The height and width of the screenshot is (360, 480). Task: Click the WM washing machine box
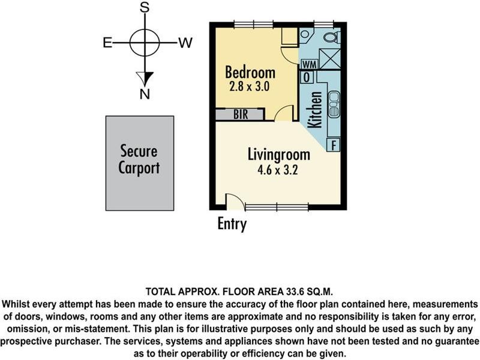[x=309, y=64]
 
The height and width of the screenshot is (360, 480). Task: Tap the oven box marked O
[x=307, y=77]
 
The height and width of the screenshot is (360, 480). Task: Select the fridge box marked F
[x=334, y=145]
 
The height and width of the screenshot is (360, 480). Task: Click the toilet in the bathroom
[x=332, y=38]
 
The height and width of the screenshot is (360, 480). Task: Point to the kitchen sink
[x=334, y=104]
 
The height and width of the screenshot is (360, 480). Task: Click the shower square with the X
[x=329, y=58]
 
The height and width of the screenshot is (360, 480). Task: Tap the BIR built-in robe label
[x=241, y=115]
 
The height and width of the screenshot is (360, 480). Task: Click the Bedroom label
[x=250, y=72]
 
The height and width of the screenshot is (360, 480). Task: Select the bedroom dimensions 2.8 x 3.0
[x=250, y=86]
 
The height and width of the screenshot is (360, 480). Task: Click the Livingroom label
[x=278, y=155]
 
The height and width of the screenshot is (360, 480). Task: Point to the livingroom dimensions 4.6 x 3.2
[x=277, y=170]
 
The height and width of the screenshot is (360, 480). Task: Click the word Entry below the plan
[x=232, y=224]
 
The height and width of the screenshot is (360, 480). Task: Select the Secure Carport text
[x=139, y=160]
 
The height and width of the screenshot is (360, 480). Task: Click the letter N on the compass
[x=145, y=94]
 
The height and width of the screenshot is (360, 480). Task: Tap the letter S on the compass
[x=145, y=8]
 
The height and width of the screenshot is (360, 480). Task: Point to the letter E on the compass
[x=107, y=43]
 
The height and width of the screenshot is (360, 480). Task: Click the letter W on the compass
[x=185, y=43]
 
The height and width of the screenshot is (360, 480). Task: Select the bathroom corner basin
[x=305, y=34]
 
